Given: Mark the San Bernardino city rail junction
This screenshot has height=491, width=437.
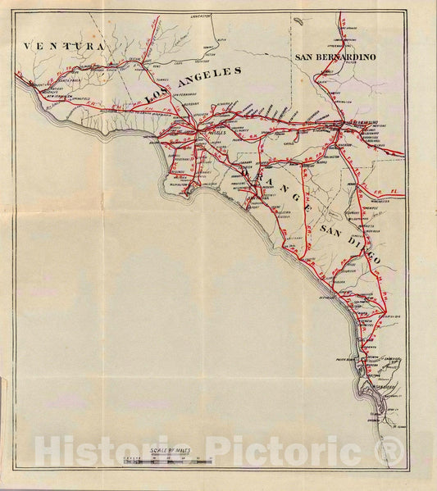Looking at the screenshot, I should pos(339,125).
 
